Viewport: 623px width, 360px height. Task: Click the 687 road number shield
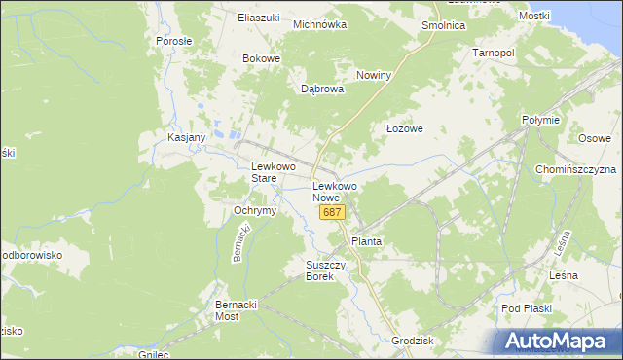[332, 212]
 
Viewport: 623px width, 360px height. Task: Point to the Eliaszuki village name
[259, 18]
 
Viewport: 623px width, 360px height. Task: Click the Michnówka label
[320, 24]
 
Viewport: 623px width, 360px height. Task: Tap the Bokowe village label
[261, 58]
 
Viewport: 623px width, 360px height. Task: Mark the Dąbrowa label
[322, 89]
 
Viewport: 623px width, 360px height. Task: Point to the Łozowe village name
[404, 128]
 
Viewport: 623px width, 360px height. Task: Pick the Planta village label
[367, 240]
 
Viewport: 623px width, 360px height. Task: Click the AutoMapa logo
[557, 342]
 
